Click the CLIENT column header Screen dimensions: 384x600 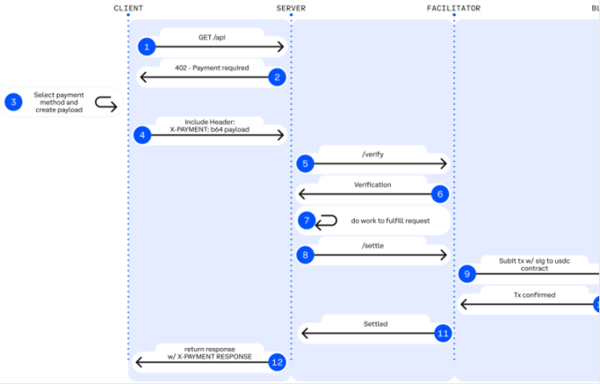[128, 8]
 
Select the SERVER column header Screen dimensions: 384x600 [290, 8]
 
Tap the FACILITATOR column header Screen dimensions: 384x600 [453, 8]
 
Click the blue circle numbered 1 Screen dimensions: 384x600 [145, 46]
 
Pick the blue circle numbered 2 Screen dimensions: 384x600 [277, 77]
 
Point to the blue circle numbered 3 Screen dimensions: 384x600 [13, 102]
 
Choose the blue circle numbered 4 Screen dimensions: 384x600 [143, 135]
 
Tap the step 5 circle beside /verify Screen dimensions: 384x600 [304, 164]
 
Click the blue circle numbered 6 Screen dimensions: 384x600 [439, 193]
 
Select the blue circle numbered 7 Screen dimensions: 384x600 [306, 220]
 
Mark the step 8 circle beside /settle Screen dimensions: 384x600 [304, 255]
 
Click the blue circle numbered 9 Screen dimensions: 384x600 [469, 274]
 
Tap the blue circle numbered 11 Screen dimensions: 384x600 [442, 332]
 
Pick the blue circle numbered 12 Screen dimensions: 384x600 [277, 362]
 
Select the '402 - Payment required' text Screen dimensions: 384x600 [211, 68]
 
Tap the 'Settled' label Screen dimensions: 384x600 [376, 324]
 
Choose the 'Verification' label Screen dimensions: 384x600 [372, 184]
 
